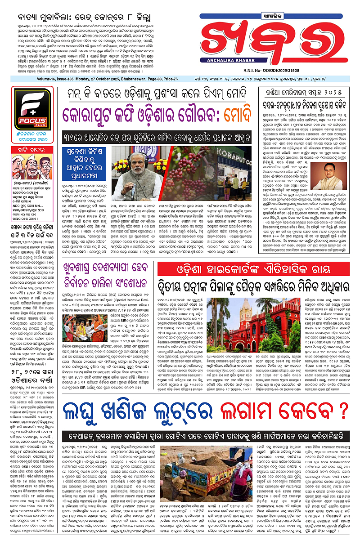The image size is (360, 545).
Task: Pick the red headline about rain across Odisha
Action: tap(29, 397)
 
